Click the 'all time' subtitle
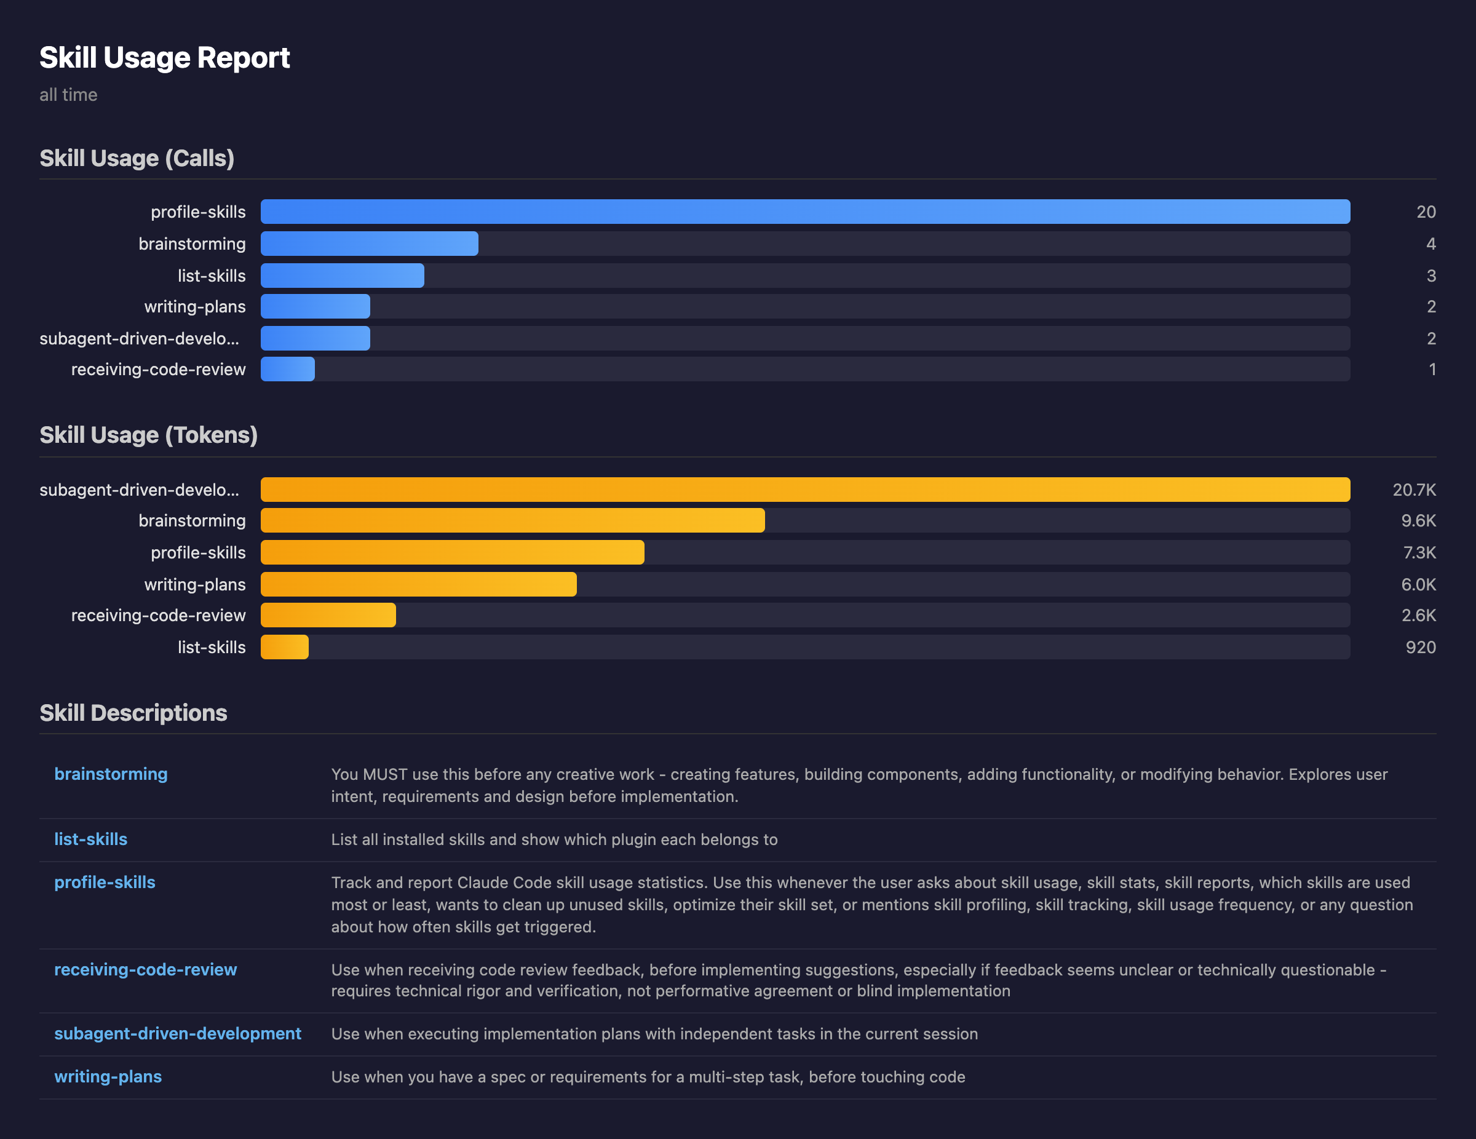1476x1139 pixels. pyautogui.click(x=68, y=95)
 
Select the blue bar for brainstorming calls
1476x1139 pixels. pyautogui.click(x=369, y=244)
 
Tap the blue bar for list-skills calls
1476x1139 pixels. pyautogui.click(x=342, y=276)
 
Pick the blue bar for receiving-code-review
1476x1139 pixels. pyautogui.click(x=287, y=369)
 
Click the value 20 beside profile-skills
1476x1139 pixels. pyautogui.click(x=1426, y=212)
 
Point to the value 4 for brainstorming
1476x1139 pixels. pyautogui.click(x=1430, y=244)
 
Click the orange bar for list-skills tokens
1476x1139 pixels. pyautogui.click(x=285, y=647)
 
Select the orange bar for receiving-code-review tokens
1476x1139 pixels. pyautogui.click(x=328, y=615)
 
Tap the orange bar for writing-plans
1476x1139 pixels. pyautogui.click(x=418, y=584)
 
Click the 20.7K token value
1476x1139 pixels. pyautogui.click(x=1413, y=490)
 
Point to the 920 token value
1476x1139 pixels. pyautogui.click(x=1420, y=647)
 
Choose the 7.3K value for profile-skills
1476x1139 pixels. pyautogui.click(x=1419, y=552)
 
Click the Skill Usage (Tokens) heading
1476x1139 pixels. pyautogui.click(x=149, y=435)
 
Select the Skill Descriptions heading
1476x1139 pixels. pyautogui.click(x=133, y=712)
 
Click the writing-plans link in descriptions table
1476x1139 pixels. pyautogui.click(x=108, y=1076)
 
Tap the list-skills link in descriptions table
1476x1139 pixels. pyautogui.click(x=90, y=839)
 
